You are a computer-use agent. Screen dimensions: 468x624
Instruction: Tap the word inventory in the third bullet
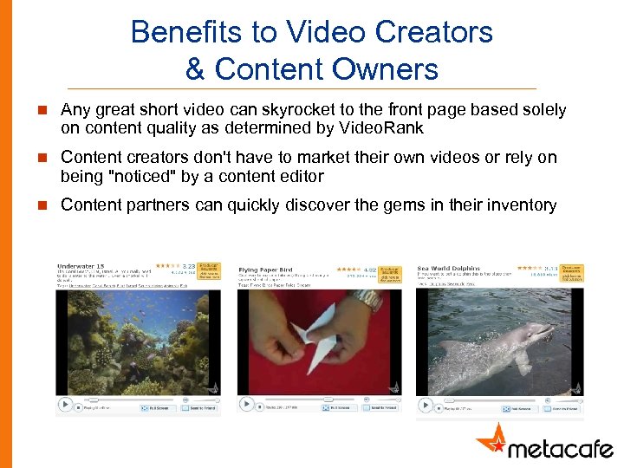pos(518,205)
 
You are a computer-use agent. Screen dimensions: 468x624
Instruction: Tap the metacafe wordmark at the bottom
pos(560,447)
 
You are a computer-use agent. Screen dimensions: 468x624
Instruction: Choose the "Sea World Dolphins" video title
pos(448,269)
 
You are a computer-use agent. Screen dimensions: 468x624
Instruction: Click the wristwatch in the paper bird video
pos(367,300)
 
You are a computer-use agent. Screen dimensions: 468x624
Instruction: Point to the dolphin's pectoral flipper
pos(522,359)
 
